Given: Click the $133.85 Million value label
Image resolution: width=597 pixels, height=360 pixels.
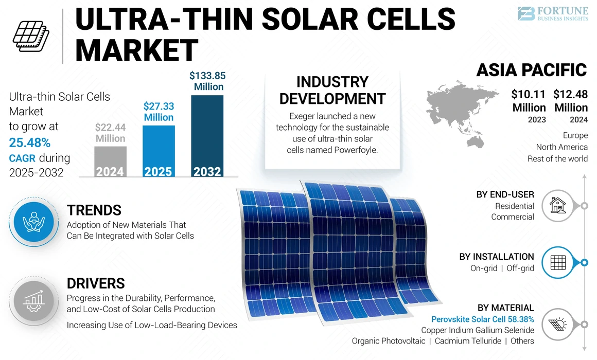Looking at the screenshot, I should tap(207, 81).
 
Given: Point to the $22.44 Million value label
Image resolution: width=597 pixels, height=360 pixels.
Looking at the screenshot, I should tap(110, 133).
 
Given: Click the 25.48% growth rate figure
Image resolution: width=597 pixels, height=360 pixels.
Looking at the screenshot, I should tap(30, 142).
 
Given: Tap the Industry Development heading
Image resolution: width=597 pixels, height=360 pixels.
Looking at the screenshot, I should tap(332, 90).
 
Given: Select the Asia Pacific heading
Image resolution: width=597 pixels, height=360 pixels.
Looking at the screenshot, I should tap(531, 70).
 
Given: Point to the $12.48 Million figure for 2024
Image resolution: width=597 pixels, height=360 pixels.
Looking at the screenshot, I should tap(571, 101).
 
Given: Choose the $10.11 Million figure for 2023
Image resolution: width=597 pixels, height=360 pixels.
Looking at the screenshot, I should tap(529, 101).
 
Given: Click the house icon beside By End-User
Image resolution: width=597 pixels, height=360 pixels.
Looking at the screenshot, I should tap(557, 206).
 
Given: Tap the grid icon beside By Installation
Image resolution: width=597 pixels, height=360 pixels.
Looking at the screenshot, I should tap(557, 263).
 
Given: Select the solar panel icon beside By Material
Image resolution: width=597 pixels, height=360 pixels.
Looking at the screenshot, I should tap(557, 323).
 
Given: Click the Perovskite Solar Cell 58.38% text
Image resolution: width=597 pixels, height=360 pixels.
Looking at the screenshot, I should tap(482, 319).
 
